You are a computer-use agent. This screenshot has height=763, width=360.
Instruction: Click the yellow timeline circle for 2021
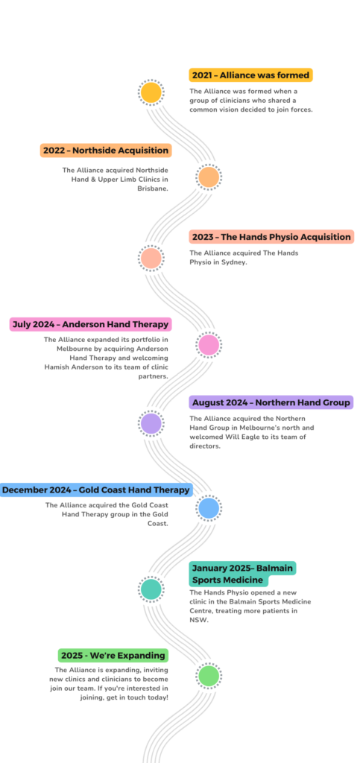point(151,92)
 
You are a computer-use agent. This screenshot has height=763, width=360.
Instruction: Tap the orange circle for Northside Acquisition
point(209,177)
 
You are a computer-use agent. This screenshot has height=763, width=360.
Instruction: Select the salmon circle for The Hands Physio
point(151,259)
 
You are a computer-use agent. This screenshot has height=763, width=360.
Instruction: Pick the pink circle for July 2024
point(209,345)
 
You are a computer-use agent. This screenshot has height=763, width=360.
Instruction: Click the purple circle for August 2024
point(151,423)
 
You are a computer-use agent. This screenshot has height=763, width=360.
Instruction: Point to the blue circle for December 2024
point(209,508)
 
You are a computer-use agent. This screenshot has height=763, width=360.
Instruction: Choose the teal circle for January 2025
point(151,589)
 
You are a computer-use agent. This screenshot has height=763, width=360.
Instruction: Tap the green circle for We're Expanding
point(209,676)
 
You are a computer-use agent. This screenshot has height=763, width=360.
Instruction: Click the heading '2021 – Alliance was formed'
point(250,75)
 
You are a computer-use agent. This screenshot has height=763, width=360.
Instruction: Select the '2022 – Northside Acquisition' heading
point(106,151)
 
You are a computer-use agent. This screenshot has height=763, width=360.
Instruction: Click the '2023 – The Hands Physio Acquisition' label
point(271,237)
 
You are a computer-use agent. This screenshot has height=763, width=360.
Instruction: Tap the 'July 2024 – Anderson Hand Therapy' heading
point(90,324)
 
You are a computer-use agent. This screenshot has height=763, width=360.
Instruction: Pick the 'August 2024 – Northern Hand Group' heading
point(271,402)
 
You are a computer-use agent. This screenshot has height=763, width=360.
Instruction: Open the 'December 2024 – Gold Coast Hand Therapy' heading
point(96,490)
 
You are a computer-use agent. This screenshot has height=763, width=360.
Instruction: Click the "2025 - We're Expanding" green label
point(113,656)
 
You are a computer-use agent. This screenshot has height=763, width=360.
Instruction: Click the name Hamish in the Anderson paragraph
point(57,367)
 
